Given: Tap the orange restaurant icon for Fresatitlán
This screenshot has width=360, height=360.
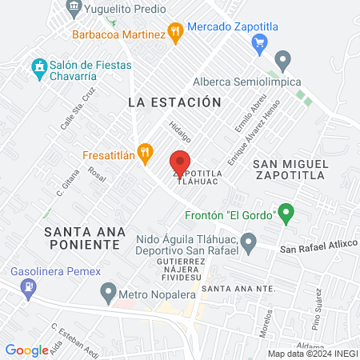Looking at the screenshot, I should [145, 152].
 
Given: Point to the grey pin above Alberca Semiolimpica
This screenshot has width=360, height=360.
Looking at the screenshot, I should [282, 60].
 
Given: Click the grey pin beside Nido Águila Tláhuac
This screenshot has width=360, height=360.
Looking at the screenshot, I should [248, 241].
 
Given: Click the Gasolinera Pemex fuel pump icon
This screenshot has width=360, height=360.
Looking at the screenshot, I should [29, 286].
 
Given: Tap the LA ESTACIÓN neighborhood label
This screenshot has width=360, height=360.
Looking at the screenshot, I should [174, 102].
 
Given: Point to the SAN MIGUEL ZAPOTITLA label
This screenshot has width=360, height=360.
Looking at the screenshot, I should [290, 168].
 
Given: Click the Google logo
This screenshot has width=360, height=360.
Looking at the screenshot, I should [26, 350].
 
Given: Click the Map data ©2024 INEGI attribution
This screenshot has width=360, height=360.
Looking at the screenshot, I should [312, 354].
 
